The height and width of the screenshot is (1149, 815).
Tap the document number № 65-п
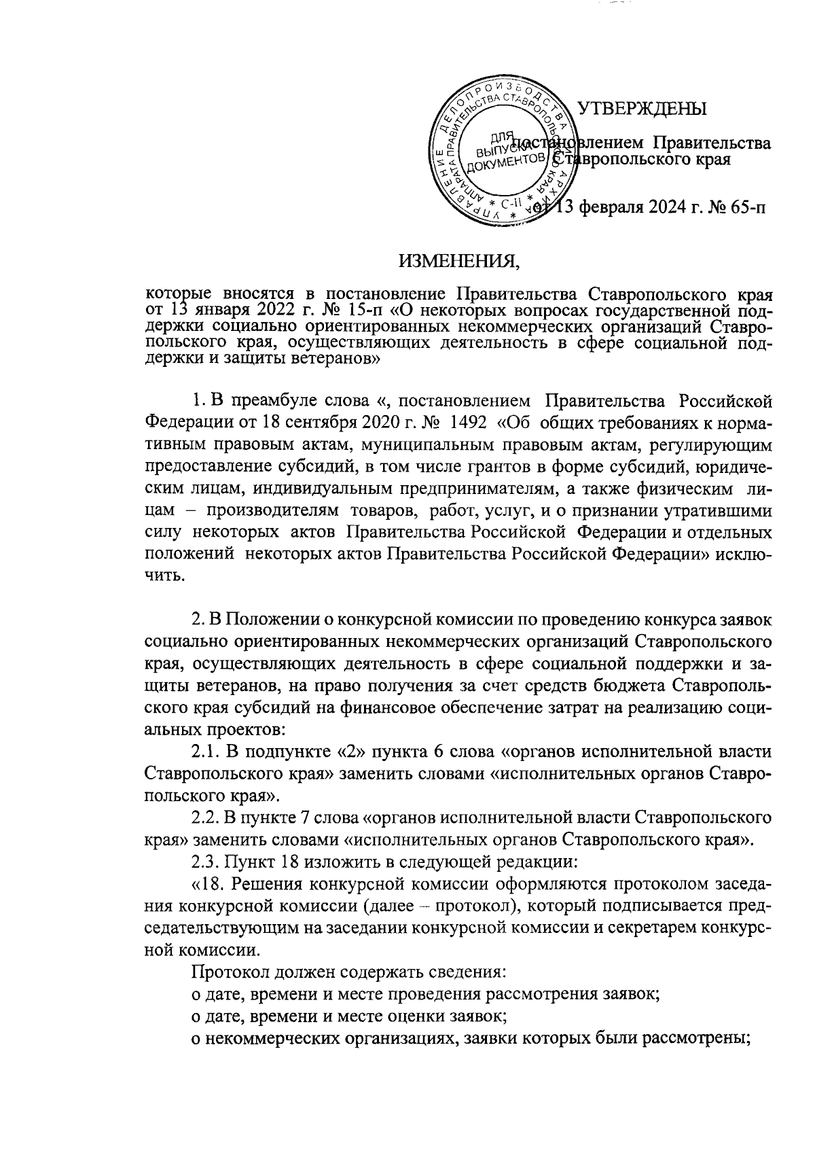click(734, 207)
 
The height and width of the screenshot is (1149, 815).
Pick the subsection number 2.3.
click(206, 860)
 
